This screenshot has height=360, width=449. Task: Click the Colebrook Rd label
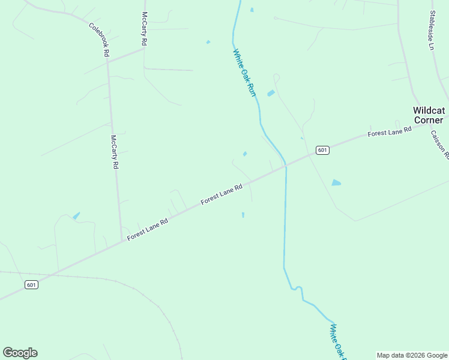click(99, 40)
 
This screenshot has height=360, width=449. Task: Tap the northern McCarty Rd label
click(144, 29)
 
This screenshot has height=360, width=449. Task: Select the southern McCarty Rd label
click(114, 152)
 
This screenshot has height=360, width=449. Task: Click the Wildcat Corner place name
click(428, 115)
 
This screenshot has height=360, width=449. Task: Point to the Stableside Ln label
click(432, 30)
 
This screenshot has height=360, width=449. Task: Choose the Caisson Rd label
click(439, 145)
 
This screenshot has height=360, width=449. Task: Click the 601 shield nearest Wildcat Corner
click(322, 150)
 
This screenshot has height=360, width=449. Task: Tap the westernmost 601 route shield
click(32, 284)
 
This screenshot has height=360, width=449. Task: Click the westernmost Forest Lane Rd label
click(148, 230)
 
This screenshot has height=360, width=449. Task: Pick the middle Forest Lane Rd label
click(221, 194)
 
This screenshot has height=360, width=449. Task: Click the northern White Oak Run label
click(244, 73)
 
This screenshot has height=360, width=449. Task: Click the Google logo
click(20, 353)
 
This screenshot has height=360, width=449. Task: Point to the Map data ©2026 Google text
click(412, 355)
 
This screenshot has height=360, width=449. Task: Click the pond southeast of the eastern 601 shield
click(336, 182)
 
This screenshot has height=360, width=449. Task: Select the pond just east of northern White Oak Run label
click(271, 93)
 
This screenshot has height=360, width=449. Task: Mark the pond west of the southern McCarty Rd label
click(76, 215)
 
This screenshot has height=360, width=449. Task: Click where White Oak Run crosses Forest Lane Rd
click(286, 164)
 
